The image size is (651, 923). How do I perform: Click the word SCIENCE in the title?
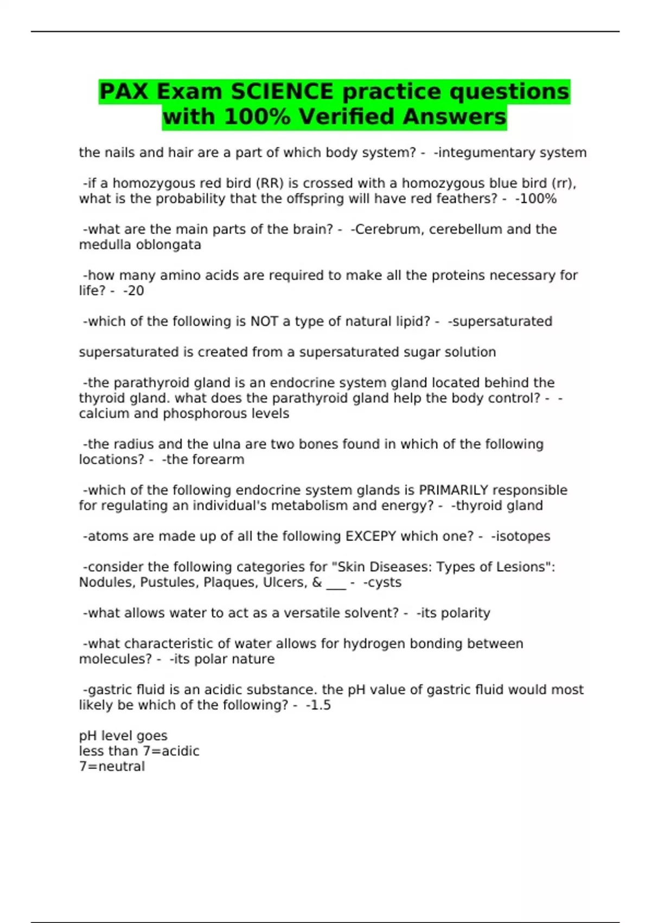(282, 91)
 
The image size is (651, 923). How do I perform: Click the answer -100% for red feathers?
(535, 199)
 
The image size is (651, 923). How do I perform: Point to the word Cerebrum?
(387, 229)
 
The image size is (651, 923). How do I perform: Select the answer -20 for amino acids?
(133, 291)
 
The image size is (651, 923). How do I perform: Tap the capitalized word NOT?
(264, 321)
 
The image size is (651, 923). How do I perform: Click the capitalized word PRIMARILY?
(454, 490)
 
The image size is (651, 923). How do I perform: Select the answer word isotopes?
(522, 536)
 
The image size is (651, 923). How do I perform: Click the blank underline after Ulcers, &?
(336, 584)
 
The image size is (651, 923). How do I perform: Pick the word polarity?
(465, 613)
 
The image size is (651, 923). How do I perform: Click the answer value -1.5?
(318, 705)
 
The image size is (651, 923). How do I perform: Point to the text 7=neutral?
(112, 767)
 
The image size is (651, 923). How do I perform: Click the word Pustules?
(169, 583)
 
